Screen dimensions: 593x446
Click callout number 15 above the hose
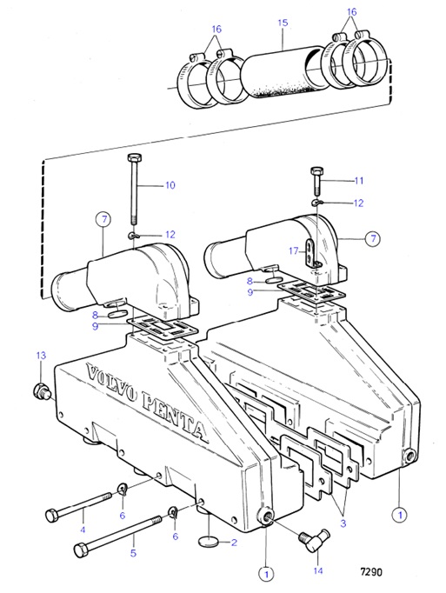pos(281,40)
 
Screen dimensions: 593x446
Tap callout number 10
pos(170,184)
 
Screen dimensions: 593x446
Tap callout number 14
pos(316,571)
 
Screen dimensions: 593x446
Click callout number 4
pos(83,528)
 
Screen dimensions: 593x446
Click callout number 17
pos(295,251)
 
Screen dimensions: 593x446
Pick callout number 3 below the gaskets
pos(343,523)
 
